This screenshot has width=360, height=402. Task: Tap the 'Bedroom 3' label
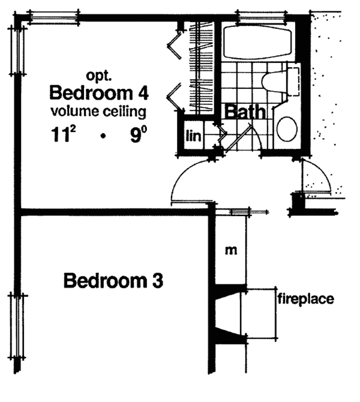pos(113,280)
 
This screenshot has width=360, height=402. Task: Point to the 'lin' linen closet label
pos(193,136)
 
